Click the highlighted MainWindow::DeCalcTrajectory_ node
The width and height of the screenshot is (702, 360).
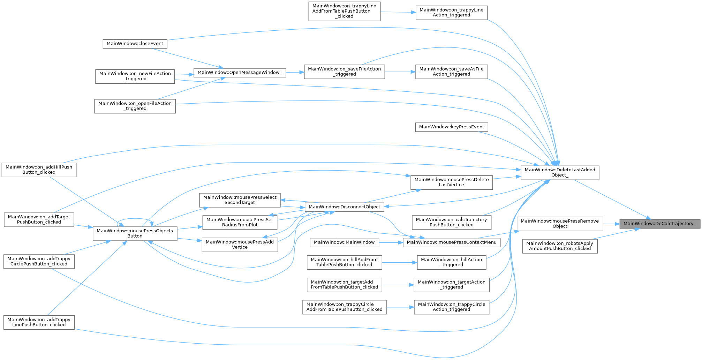pos(659,224)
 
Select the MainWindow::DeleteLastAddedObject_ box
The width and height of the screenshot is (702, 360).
pos(560,172)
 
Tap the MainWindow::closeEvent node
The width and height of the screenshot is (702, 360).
pos(135,44)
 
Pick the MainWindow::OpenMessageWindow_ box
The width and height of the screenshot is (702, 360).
pos(240,73)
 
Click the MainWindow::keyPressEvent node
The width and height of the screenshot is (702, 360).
pos(451,127)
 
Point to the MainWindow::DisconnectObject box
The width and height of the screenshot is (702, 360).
pos(344,207)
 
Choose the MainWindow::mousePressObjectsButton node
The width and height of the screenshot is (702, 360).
pos(135,233)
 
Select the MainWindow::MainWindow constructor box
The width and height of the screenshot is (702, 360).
pos(344,242)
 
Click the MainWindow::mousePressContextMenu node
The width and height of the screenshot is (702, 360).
pos(452,242)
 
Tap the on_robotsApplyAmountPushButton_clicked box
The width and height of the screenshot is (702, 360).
pos(560,246)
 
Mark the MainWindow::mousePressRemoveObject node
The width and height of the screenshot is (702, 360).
pos(560,224)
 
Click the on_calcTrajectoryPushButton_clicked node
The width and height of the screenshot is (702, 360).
pos(451,222)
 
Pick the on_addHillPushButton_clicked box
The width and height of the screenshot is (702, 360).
pos(39,170)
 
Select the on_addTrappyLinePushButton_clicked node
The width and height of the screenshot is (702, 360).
pos(39,322)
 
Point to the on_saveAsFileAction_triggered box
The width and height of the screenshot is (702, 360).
pos(451,72)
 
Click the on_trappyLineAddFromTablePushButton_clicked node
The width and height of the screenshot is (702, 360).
pos(344,11)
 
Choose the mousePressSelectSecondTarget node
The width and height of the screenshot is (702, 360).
pos(240,200)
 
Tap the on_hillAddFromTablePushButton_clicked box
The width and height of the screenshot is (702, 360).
pos(344,262)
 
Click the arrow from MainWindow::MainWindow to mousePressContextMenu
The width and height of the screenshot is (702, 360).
pos(391,242)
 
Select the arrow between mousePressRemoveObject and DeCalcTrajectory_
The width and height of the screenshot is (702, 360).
pos(611,224)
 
